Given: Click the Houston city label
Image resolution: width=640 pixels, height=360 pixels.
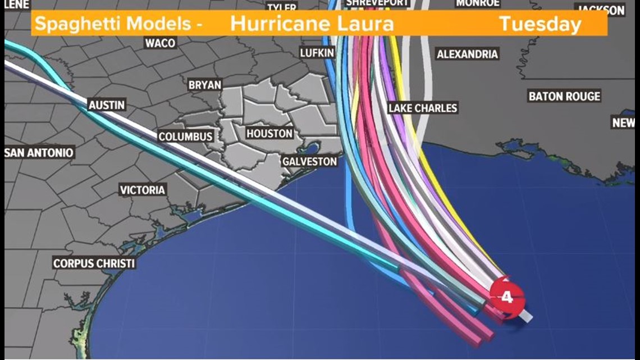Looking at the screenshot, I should [269, 134].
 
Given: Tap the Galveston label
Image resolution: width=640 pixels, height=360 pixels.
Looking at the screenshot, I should [310, 162].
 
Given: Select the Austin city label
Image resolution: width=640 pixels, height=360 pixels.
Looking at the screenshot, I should [107, 105].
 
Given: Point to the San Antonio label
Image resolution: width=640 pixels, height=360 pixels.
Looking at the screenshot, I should [39, 153].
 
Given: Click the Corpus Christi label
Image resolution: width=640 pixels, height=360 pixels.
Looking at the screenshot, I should [94, 263].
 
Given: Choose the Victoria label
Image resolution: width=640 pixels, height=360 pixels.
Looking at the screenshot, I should [143, 190].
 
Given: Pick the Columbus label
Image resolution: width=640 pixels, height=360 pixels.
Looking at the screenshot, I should [185, 136].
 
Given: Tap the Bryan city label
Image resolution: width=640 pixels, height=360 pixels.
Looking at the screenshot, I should [205, 85].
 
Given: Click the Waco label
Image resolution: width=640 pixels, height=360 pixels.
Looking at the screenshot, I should [161, 43].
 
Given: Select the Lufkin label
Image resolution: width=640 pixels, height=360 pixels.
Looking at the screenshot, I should [317, 53].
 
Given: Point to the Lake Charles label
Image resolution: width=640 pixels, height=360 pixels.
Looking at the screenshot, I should [423, 108].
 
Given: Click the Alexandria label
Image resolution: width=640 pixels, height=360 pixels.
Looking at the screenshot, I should [467, 54].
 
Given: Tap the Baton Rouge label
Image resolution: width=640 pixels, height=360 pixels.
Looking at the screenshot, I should [564, 96].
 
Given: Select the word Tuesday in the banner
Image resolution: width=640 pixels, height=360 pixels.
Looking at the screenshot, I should [540, 24].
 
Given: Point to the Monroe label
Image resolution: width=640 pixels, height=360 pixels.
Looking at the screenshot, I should [478, 3].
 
